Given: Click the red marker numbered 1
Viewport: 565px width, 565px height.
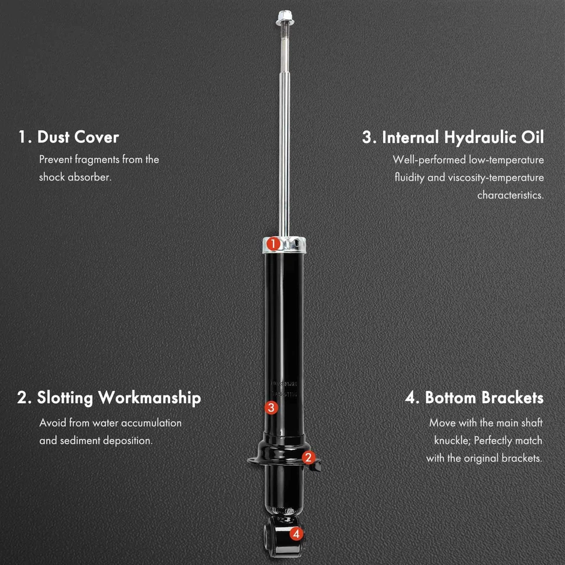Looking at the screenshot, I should click(272, 244).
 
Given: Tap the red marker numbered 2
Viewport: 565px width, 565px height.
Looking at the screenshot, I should click(309, 457).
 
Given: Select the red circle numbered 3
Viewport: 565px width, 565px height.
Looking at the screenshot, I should click(271, 407).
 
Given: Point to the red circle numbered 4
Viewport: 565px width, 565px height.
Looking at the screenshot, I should click(296, 534).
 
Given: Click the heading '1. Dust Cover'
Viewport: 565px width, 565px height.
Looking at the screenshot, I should click(68, 137).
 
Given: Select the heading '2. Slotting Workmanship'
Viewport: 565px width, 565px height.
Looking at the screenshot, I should click(109, 398).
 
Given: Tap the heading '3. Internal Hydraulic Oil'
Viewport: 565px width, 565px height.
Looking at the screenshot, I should click(453, 138).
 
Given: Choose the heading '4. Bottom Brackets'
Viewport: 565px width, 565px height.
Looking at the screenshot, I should click(474, 398).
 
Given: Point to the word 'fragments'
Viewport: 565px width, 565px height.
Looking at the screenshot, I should click(97, 159).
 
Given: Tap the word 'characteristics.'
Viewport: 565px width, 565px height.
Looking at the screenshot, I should click(510, 195).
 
